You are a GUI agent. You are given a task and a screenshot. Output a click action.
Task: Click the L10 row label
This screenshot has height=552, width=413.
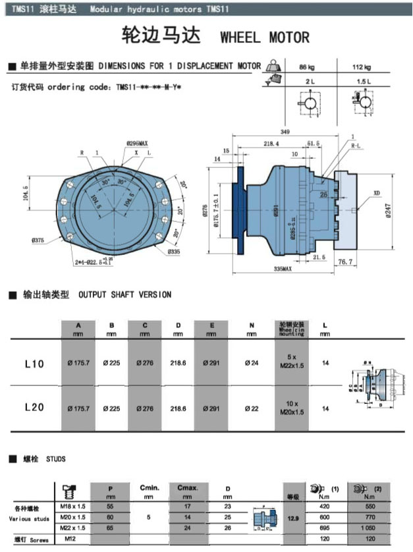tap(34, 364)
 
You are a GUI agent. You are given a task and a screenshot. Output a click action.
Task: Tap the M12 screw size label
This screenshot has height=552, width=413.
tap(69, 539)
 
